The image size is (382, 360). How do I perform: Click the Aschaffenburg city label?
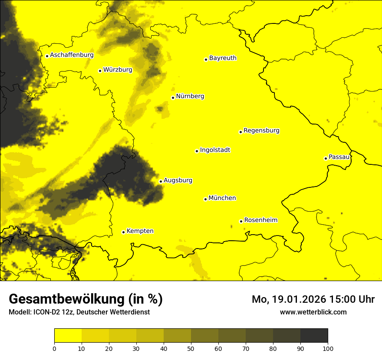(x=72, y=55)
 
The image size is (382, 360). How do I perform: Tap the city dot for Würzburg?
(x=100, y=71)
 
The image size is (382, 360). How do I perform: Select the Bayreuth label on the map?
(x=223, y=58)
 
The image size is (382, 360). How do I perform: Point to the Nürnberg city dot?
(x=173, y=98)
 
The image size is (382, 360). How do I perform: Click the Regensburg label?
(x=261, y=131)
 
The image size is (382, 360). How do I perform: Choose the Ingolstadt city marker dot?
(x=197, y=151)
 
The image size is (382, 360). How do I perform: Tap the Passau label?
(x=339, y=157)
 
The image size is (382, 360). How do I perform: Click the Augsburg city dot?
(x=161, y=181)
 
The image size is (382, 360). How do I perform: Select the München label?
(x=222, y=198)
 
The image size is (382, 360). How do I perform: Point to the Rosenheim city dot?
(x=241, y=221)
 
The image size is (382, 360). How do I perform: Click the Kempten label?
(x=140, y=231)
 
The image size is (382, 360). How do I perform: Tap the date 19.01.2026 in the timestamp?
(x=294, y=299)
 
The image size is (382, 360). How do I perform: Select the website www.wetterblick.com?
(x=313, y=312)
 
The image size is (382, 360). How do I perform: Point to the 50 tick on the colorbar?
(x=191, y=348)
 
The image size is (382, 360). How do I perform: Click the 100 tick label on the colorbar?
(x=328, y=348)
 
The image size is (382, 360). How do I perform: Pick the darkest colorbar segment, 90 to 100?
(x=314, y=336)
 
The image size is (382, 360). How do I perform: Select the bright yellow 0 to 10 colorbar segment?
(x=68, y=336)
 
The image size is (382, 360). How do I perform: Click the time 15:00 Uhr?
(x=352, y=299)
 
